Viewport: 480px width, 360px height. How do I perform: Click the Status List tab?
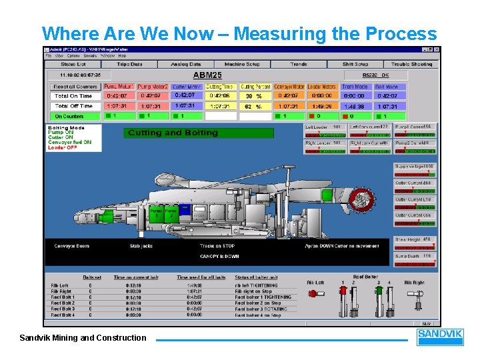pyautogui.click(x=73, y=64)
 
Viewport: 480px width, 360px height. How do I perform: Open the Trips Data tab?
pyautogui.click(x=129, y=64)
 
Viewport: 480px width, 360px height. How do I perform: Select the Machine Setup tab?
pyautogui.click(x=242, y=64)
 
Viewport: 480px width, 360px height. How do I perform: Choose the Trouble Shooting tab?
pyautogui.click(x=411, y=64)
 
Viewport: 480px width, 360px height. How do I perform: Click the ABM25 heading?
pyautogui.click(x=207, y=75)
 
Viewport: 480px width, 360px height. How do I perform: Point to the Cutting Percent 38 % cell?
pyautogui.click(x=255, y=96)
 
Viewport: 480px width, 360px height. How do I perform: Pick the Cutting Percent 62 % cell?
pyautogui.click(x=255, y=106)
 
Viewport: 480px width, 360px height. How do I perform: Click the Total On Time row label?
pyautogui.click(x=73, y=96)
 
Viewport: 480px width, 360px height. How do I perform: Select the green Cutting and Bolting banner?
pyautogui.click(x=199, y=133)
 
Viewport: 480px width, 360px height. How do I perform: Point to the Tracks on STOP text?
pyautogui.click(x=217, y=246)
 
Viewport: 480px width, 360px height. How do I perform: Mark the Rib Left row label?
pyautogui.click(x=60, y=285)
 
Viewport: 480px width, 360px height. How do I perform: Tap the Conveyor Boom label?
pyautogui.click(x=71, y=246)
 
